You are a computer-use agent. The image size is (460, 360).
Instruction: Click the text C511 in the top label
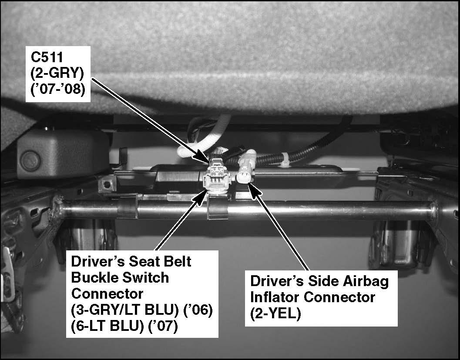(x=47, y=57)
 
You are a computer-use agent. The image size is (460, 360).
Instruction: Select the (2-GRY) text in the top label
(x=57, y=73)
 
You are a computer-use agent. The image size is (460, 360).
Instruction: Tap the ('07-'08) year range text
(x=58, y=89)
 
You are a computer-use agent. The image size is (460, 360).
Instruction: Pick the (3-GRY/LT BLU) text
(x=124, y=310)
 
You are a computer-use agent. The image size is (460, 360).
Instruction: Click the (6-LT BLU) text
(x=107, y=326)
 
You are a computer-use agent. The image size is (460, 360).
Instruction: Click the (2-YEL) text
(x=275, y=314)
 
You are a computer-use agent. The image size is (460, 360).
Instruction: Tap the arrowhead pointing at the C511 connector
(x=204, y=158)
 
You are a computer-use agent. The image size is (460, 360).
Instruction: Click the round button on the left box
(x=30, y=160)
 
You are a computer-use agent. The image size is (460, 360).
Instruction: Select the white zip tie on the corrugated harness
(x=285, y=160)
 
